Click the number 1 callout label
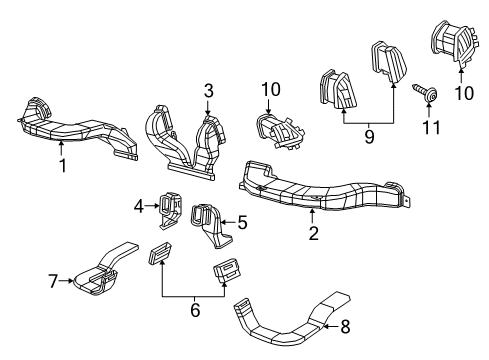(62, 166)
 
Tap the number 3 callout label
(208, 92)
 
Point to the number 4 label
(140, 206)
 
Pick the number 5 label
(241, 222)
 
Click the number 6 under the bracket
(195, 312)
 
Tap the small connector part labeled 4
(168, 205)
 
